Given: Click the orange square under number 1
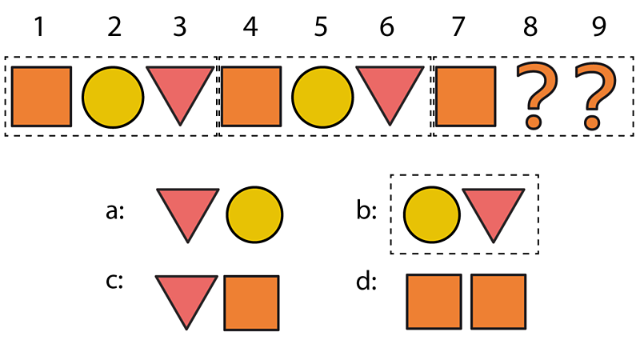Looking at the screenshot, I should click(42, 97).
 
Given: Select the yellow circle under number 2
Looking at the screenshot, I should click(114, 97).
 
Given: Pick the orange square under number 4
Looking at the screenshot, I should click(251, 97).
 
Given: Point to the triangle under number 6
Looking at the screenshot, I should click(389, 90).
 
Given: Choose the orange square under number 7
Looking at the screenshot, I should click(465, 97).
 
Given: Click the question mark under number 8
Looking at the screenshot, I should click(534, 97).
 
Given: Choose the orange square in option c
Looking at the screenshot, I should click(251, 302).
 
